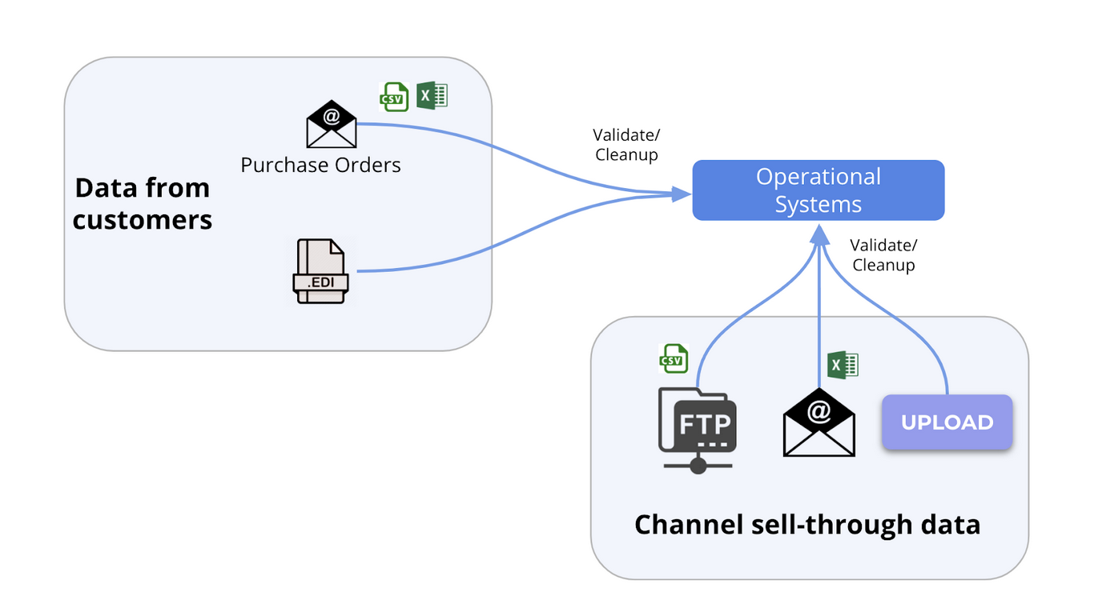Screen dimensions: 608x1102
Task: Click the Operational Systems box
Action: (818, 190)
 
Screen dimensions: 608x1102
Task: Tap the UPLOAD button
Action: (947, 422)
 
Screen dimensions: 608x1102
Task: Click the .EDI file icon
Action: (320, 271)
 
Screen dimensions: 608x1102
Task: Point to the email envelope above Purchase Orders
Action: (331, 125)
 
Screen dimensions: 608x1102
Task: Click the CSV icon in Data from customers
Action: (393, 97)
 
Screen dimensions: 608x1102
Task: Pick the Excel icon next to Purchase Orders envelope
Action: (432, 96)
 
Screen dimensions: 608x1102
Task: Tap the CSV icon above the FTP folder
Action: (673, 358)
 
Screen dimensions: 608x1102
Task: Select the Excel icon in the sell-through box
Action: (842, 365)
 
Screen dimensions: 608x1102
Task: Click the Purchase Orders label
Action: (320, 166)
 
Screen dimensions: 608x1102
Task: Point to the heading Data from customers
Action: (143, 203)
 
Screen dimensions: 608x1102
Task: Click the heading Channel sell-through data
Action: (807, 525)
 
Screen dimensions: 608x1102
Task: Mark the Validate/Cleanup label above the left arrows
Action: (626, 145)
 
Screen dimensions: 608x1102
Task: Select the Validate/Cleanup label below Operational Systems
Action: (883, 254)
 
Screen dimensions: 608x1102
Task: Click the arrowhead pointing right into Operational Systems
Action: (681, 193)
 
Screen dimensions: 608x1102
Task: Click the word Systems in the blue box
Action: (818, 204)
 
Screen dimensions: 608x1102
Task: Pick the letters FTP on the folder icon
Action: (704, 423)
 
